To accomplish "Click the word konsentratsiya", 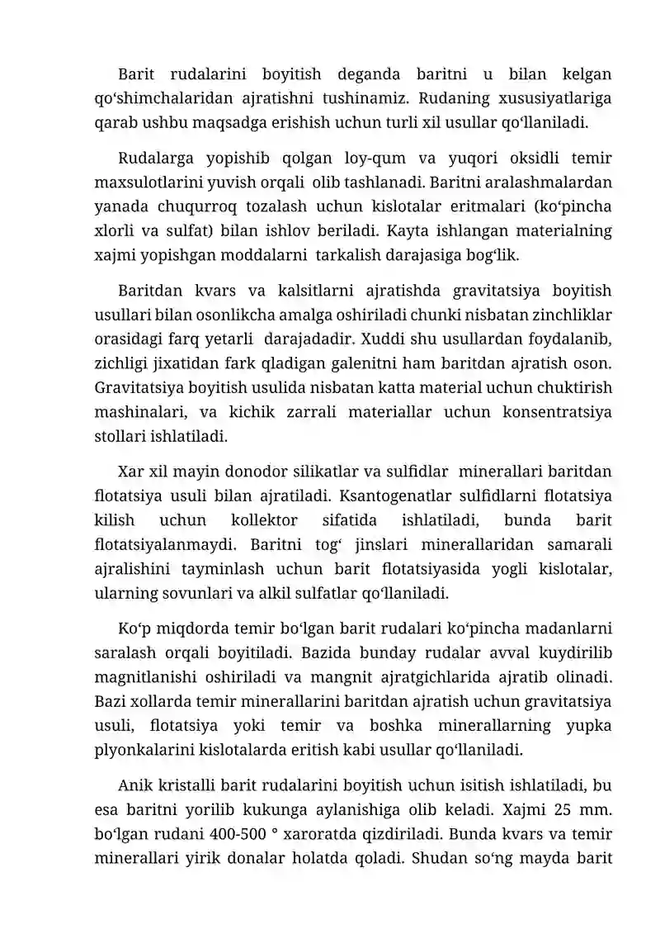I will (x=559, y=411).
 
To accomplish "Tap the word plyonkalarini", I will (x=145, y=750).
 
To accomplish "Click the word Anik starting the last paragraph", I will (x=134, y=785).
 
